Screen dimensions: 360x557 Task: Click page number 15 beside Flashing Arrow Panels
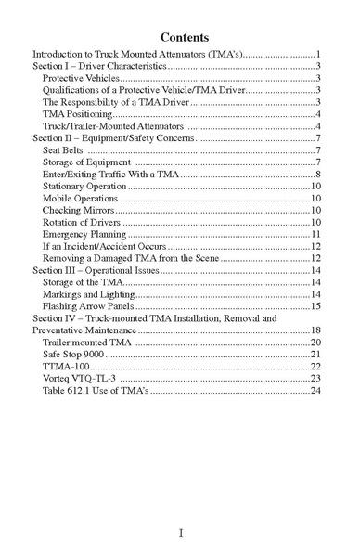coord(315,305)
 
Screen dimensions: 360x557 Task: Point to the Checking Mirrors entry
coord(78,210)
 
